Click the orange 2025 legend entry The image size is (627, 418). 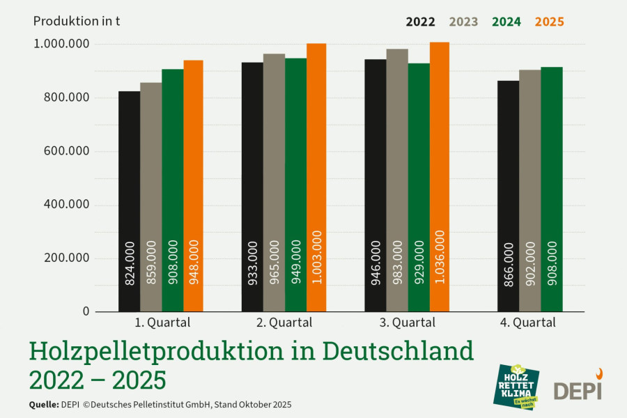click(550, 22)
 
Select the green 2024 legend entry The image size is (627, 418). click(506, 22)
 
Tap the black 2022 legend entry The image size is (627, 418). click(420, 22)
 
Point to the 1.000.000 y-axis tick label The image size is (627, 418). click(61, 44)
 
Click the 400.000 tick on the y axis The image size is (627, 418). click(66, 204)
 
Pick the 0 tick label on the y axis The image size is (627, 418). click(86, 311)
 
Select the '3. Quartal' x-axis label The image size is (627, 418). click(407, 323)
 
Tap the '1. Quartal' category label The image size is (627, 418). click(162, 323)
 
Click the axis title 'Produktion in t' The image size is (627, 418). click(77, 21)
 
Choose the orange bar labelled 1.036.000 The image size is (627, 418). click(440, 177)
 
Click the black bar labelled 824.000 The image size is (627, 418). click(129, 201)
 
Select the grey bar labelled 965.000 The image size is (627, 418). click(274, 183)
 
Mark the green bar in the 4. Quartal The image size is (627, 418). click(552, 189)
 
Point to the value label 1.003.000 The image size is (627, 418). click(317, 257)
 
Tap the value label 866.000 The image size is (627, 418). click(509, 264)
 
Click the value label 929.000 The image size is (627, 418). click(419, 262)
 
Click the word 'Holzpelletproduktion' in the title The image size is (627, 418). click(156, 351)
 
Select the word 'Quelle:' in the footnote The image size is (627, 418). click(44, 404)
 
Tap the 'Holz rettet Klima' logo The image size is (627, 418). click(516, 387)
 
